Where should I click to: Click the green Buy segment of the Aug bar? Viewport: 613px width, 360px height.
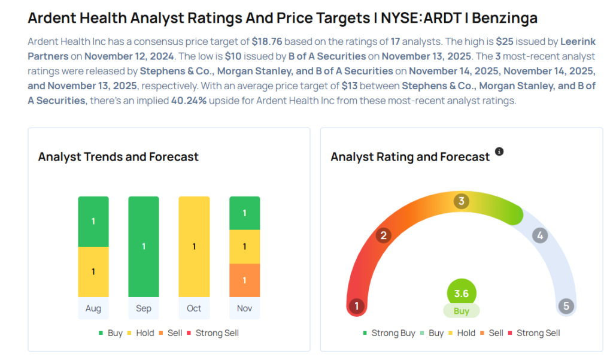click(x=93, y=222)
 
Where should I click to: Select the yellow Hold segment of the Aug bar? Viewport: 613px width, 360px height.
click(x=93, y=271)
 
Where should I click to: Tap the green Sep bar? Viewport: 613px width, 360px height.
click(x=144, y=246)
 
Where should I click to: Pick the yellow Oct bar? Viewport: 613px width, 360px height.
click(x=194, y=246)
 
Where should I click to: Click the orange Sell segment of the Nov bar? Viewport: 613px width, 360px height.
click(x=244, y=280)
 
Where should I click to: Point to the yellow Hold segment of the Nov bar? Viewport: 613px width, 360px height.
click(x=244, y=246)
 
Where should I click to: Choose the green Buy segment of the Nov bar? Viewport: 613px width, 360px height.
click(x=244, y=213)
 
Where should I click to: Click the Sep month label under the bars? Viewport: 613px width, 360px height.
click(x=144, y=308)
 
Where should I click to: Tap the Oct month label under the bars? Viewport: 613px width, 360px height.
click(x=194, y=308)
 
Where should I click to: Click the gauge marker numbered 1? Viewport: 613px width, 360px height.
click(x=357, y=307)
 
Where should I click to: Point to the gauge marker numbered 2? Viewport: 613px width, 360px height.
click(x=383, y=235)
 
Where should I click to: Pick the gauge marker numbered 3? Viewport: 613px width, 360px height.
click(x=460, y=201)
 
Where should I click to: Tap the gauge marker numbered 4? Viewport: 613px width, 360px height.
click(x=539, y=235)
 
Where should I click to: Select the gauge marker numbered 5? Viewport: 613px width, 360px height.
click(x=566, y=307)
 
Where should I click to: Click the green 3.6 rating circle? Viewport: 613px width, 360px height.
click(x=462, y=294)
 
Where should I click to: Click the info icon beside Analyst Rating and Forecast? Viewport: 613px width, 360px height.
click(x=499, y=152)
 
